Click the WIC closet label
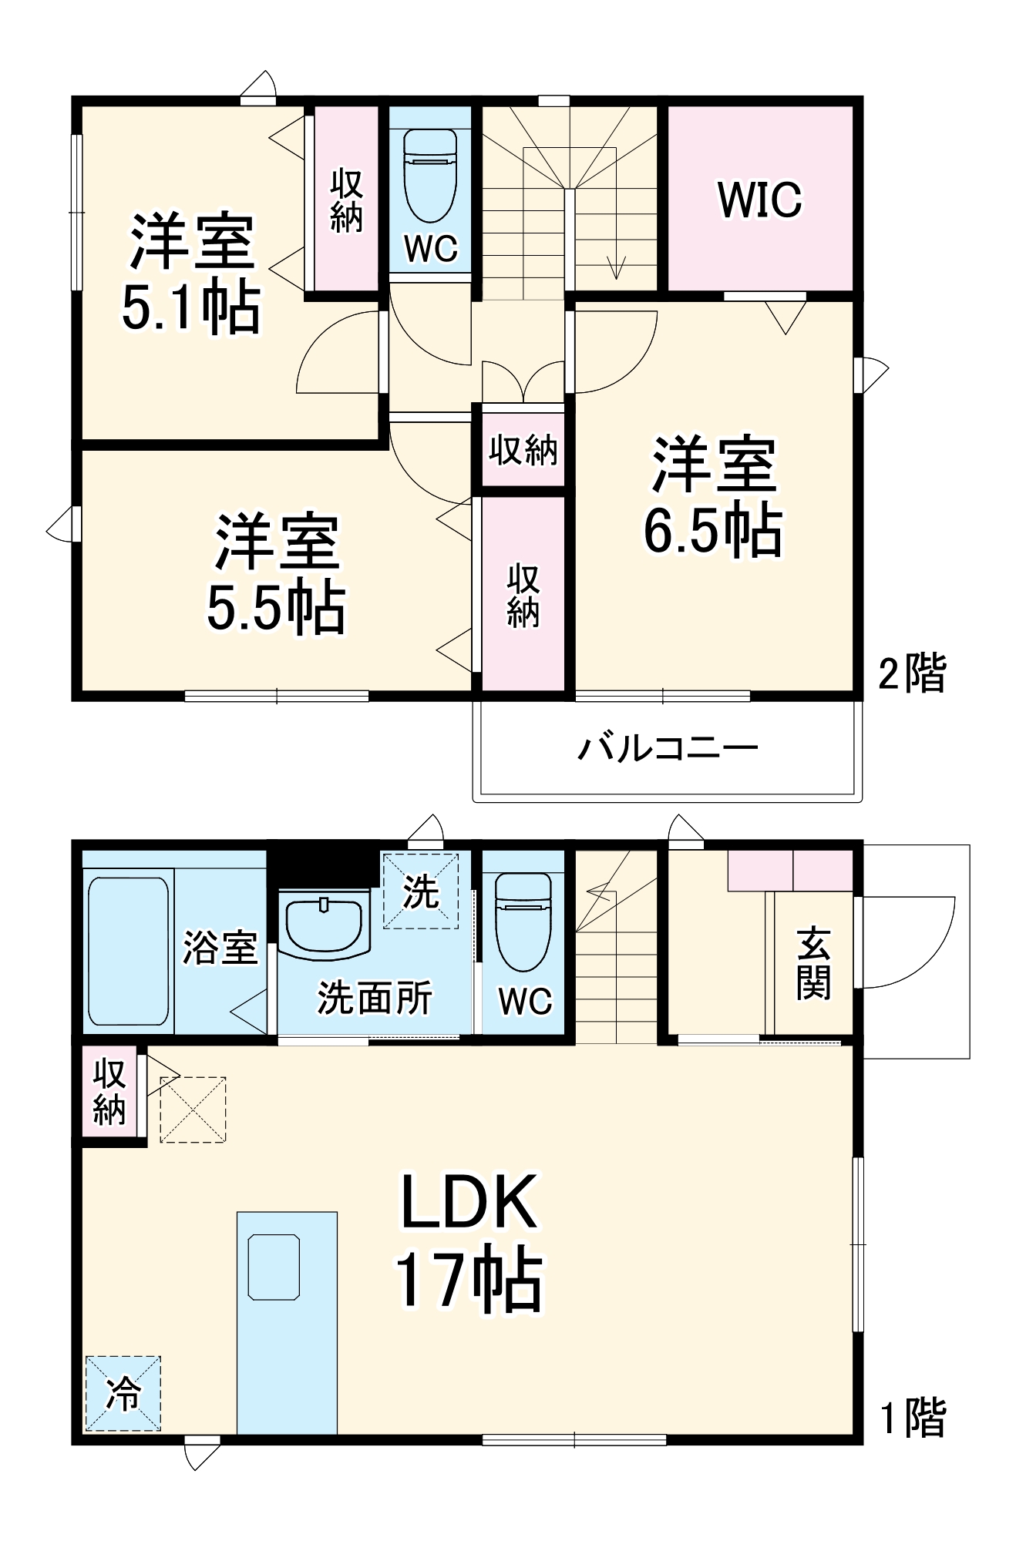coord(760,200)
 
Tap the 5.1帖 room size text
coord(191,308)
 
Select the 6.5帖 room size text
coord(713,530)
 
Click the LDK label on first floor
coord(469,1203)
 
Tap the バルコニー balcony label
coord(668,748)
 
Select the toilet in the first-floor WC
coord(523,921)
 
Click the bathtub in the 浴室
coord(128,952)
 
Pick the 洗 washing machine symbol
coord(421,891)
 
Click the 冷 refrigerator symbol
coord(123,1393)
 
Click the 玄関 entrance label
coord(814,963)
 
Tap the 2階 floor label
coord(912,673)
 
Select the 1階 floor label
coord(913,1418)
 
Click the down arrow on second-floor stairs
coord(616,266)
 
